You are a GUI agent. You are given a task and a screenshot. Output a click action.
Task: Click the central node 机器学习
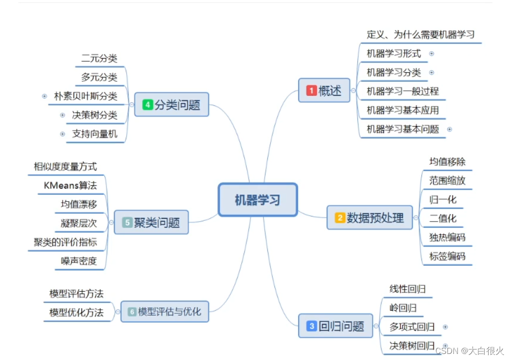pos(257,200)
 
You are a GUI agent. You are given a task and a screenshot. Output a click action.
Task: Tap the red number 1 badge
pos(312,91)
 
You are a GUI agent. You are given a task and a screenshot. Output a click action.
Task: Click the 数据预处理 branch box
pos(369,218)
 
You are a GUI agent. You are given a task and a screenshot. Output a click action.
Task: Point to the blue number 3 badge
pos(312,326)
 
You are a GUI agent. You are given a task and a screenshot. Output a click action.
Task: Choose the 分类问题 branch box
pos(172,105)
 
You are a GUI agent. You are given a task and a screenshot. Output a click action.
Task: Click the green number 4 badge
pos(148,105)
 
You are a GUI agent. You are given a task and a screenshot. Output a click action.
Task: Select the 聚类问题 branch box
pos(151,222)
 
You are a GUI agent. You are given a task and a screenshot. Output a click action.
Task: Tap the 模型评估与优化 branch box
pos(164,312)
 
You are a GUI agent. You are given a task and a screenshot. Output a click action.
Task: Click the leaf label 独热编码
pos(447,237)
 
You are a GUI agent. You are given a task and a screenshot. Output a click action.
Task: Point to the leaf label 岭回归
pos(403,308)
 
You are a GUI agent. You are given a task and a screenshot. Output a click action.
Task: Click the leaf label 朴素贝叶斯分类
pos(85,96)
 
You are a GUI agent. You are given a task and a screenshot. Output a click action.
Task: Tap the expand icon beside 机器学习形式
pos(431,53)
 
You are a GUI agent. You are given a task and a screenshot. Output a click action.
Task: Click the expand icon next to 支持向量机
pos(63,134)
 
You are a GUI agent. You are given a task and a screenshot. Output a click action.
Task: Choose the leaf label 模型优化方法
pos(76,312)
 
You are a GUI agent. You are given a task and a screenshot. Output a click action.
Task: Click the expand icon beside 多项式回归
pos(445,327)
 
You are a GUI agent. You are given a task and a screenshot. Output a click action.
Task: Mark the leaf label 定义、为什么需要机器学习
pos(421,35)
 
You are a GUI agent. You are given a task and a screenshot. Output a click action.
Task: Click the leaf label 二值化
pos(442,218)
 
